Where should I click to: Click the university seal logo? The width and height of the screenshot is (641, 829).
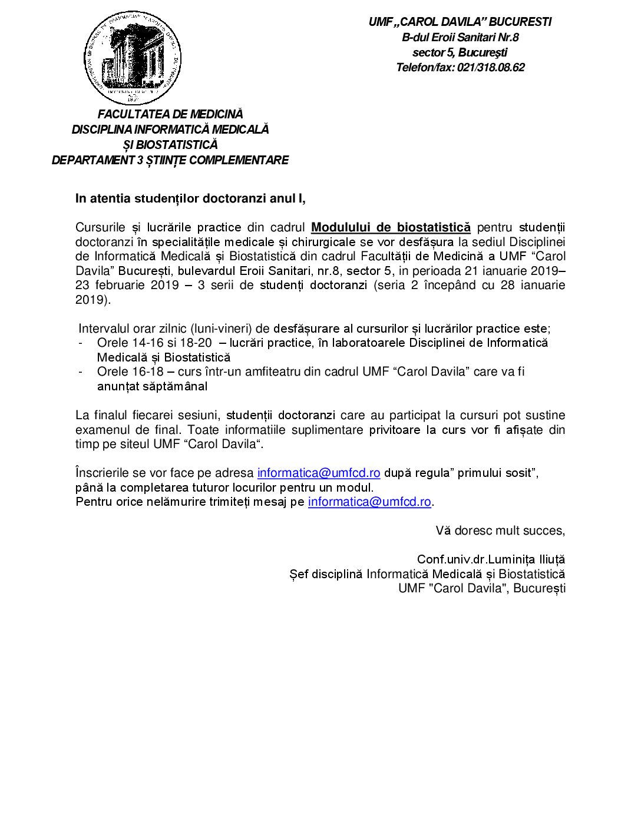(x=133, y=57)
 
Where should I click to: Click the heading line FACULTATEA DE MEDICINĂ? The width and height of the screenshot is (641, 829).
(x=170, y=114)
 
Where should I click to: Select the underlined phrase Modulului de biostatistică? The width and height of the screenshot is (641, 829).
(x=391, y=227)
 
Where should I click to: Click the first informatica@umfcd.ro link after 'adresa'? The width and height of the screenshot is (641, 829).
(x=319, y=473)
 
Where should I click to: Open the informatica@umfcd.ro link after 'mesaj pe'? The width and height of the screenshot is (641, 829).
(x=369, y=502)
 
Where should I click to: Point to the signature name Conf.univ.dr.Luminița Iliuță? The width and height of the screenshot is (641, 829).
(x=491, y=559)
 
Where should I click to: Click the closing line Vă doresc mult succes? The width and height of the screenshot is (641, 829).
(x=500, y=530)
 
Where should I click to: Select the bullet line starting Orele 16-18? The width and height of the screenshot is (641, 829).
(x=310, y=372)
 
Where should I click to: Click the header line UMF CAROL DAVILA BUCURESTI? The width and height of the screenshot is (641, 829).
(x=460, y=22)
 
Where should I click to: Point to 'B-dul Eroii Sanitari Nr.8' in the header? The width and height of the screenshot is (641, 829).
(x=460, y=38)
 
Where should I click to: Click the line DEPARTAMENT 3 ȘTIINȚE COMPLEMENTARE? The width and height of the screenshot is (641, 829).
(x=170, y=160)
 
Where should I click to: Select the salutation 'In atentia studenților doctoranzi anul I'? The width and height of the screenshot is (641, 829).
(x=190, y=198)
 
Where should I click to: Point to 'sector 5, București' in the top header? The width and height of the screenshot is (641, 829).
(x=460, y=52)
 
